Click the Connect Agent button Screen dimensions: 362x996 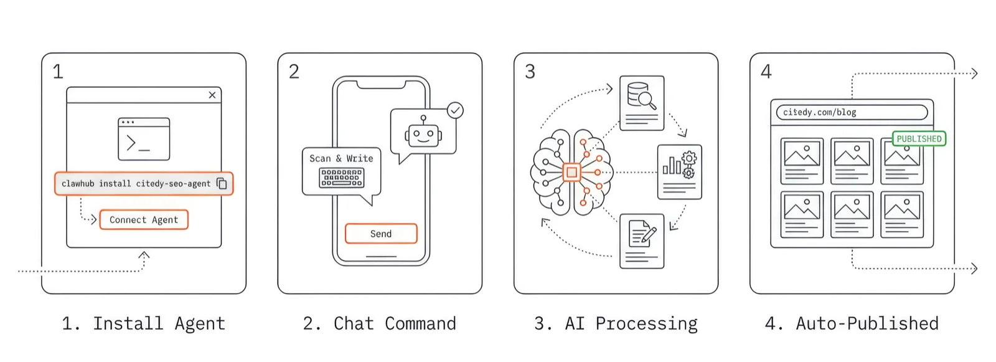pyautogui.click(x=144, y=220)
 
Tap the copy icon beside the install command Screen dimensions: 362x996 pyautogui.click(x=222, y=183)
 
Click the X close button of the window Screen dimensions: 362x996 pyautogui.click(x=212, y=95)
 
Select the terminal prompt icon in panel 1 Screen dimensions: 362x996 pyautogui.click(x=144, y=140)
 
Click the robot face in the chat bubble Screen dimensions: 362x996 pyautogui.click(x=423, y=134)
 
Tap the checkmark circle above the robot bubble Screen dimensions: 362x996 pyautogui.click(x=456, y=110)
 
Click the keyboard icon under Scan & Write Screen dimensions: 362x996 pyautogui.click(x=342, y=178)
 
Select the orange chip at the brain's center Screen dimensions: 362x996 pyautogui.click(x=571, y=173)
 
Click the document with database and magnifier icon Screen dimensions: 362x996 pyautogui.click(x=642, y=103)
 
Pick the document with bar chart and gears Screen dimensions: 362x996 pyautogui.click(x=680, y=172)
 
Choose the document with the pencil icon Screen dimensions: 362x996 pyautogui.click(x=642, y=241)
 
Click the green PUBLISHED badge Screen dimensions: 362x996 pyautogui.click(x=919, y=138)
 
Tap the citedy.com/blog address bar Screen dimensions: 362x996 pyautogui.click(x=852, y=112)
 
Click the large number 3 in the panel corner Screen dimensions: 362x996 pyautogui.click(x=530, y=72)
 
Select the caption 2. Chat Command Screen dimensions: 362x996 pyautogui.click(x=379, y=323)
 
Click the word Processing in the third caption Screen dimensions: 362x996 pyautogui.click(x=646, y=324)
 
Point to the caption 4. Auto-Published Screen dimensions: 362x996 pyautogui.click(x=851, y=323)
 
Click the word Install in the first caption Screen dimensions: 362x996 pyautogui.click(x=128, y=323)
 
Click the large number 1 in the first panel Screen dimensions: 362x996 pyautogui.click(x=58, y=72)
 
